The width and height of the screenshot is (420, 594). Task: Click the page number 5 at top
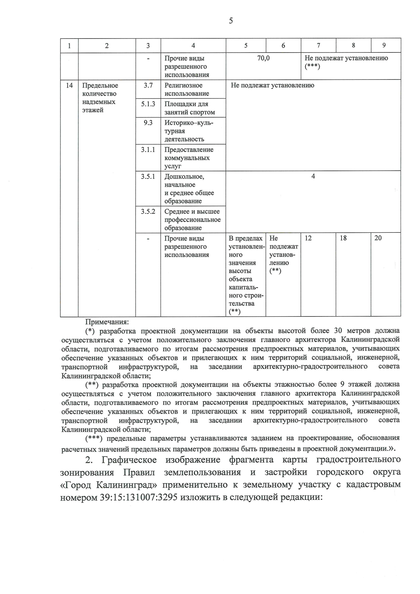coord(231,21)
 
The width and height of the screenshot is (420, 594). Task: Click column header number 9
coord(384,46)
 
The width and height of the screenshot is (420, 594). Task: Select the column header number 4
coord(193,46)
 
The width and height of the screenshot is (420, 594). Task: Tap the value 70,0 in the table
coord(263,58)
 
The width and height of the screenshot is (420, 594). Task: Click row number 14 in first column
coord(69,85)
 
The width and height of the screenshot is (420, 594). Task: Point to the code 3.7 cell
coord(148,85)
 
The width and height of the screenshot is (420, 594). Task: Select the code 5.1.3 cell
coord(148,104)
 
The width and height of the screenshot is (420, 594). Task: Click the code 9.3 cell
coord(148,123)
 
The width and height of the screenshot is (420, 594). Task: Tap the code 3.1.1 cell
coord(148,149)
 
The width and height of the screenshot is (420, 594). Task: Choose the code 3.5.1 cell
coord(148,176)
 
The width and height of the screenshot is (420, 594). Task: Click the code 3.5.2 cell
coord(148,211)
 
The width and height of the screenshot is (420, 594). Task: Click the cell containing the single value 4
coord(313,176)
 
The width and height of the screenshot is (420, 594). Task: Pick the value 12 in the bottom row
coord(308,238)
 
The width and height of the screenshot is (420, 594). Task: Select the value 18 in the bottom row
coord(343,238)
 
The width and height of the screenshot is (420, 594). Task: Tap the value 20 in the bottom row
coord(378,238)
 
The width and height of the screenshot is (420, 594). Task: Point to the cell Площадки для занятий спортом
coord(189,108)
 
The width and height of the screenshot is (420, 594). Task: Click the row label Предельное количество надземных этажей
coord(100,98)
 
